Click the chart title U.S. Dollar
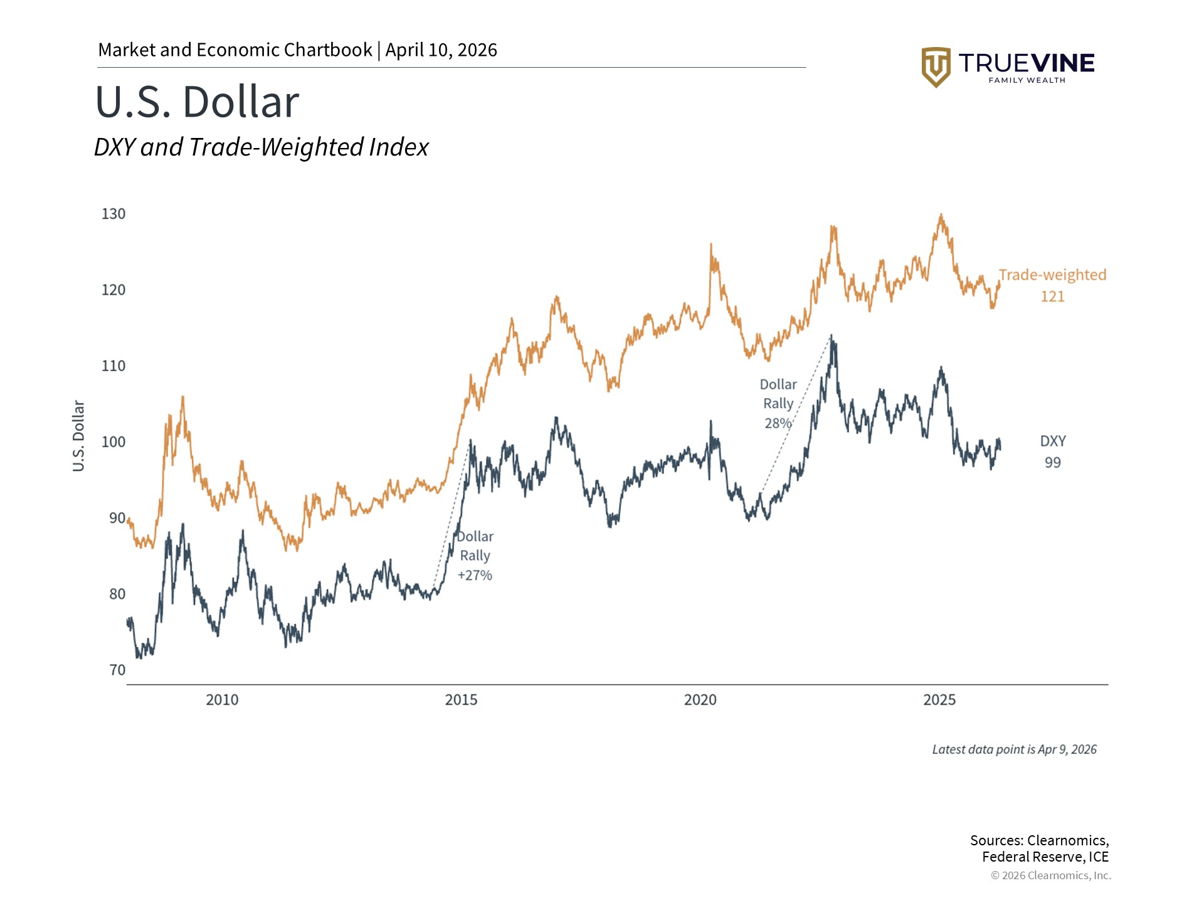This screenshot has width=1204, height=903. point(197,102)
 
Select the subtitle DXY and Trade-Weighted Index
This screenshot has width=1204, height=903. point(261,147)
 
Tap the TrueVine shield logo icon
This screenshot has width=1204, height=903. point(936,66)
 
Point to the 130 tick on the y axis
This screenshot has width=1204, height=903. point(114,214)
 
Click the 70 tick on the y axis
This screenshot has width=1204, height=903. point(117,670)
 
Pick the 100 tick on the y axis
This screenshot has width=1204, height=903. point(114,442)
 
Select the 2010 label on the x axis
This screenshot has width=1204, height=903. point(222,700)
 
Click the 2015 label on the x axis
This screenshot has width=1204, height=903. point(461,700)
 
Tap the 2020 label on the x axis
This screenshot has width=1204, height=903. point(700,700)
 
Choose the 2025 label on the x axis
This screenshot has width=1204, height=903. point(939,700)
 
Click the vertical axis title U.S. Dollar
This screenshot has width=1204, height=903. point(78,436)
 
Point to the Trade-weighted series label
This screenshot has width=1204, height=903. point(1052,275)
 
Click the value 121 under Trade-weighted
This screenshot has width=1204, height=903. point(1052,297)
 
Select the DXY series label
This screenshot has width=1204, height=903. point(1053,441)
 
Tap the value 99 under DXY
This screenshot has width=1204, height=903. point(1053,463)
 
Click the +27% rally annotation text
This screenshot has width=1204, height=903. point(475,575)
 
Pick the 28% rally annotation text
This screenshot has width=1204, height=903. point(778,423)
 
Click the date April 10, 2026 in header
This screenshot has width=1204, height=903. point(441,50)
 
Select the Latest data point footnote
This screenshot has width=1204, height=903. point(1014,749)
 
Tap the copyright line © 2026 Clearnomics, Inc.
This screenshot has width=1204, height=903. point(1050,875)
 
